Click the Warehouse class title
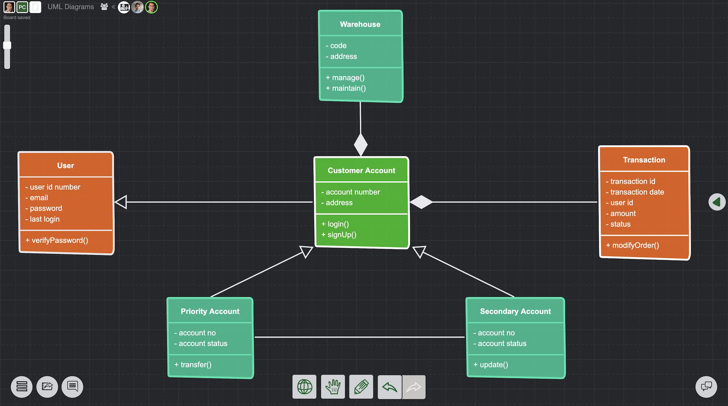click(360, 24)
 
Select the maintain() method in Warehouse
click(348, 88)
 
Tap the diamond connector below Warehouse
click(361, 144)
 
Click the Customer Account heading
click(361, 171)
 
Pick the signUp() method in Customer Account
click(342, 235)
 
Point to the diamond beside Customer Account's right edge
click(421, 202)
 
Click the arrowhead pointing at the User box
click(121, 202)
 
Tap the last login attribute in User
click(44, 219)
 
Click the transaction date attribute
click(637, 192)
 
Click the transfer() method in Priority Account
click(196, 365)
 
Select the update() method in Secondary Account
click(493, 365)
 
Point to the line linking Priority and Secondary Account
click(359, 337)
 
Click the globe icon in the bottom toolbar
click(304, 387)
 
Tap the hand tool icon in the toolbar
click(333, 387)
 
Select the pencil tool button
click(361, 387)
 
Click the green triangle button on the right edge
click(717, 202)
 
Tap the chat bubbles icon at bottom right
click(706, 387)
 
